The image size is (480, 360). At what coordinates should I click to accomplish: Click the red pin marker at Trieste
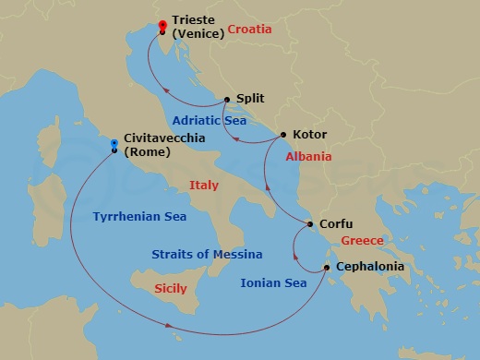coord(162,26)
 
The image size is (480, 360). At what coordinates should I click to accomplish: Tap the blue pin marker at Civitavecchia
coord(114,144)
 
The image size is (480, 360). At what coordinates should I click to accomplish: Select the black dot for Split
coord(226,99)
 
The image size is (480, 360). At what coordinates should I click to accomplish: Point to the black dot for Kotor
coord(282,135)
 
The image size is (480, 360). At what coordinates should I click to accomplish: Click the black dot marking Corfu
coord(310,224)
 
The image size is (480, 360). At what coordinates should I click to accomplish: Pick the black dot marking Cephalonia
coord(327,268)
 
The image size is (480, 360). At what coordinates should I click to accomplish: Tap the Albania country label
coord(308,157)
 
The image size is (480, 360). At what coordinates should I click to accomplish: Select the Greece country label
coord(362,241)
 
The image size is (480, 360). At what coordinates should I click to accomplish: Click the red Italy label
coord(203,186)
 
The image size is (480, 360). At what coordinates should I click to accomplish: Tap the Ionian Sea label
coord(272,283)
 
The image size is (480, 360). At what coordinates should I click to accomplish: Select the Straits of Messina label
coord(207,254)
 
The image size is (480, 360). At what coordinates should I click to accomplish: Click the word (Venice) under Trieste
coord(199,35)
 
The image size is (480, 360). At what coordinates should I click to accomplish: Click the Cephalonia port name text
coord(370,267)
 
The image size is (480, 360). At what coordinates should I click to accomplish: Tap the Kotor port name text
coord(308,135)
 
